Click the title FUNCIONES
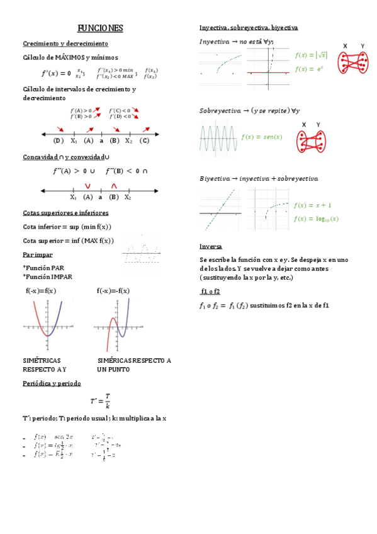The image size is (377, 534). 100,29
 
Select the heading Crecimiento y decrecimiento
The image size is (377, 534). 65,43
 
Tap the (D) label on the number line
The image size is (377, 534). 59,140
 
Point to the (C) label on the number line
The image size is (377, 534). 145,140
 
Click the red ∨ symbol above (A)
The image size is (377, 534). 87,185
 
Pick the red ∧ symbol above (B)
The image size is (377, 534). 114,185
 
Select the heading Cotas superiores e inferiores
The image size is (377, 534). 65,213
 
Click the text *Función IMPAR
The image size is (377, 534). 47,276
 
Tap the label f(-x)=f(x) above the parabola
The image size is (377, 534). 41,290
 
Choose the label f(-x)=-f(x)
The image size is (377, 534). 113,290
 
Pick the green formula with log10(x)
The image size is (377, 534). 316,219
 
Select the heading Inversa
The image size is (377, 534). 210,246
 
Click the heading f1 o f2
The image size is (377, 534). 210,292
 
